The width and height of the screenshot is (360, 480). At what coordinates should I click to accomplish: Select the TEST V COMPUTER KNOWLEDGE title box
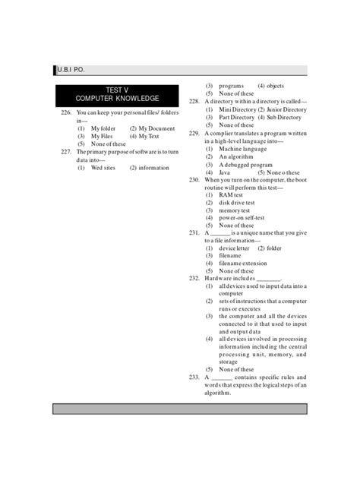click(117, 95)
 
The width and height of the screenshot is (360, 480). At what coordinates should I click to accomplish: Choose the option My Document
click(156, 128)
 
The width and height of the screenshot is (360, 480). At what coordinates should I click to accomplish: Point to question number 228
click(194, 102)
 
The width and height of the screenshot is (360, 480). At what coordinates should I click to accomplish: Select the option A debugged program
click(245, 165)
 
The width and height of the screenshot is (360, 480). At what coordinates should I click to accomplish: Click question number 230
click(194, 180)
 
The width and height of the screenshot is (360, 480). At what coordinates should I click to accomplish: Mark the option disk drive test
click(237, 203)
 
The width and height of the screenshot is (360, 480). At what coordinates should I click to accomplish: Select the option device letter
click(234, 248)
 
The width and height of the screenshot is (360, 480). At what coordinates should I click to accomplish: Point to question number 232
click(194, 279)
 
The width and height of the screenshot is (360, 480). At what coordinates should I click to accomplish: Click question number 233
click(194, 377)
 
